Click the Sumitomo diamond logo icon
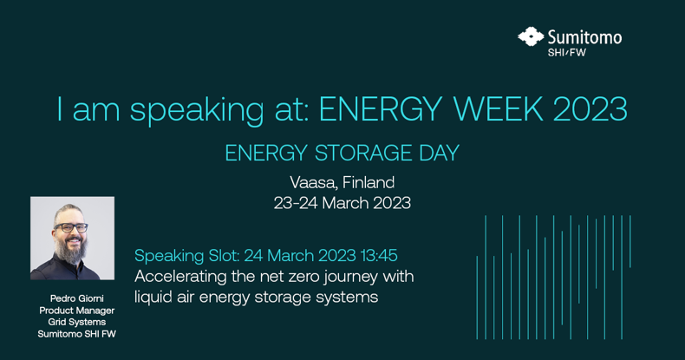click(531, 36)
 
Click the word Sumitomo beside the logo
click(584, 37)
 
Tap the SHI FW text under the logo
click(566, 52)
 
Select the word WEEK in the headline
click(499, 108)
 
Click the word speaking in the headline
click(197, 111)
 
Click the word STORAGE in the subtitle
click(363, 153)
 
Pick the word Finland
click(369, 182)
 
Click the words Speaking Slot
click(187, 257)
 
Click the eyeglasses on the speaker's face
click(71, 227)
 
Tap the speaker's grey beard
click(70, 250)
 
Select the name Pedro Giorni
click(77, 298)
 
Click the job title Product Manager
click(77, 311)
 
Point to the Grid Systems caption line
click(77, 322)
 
